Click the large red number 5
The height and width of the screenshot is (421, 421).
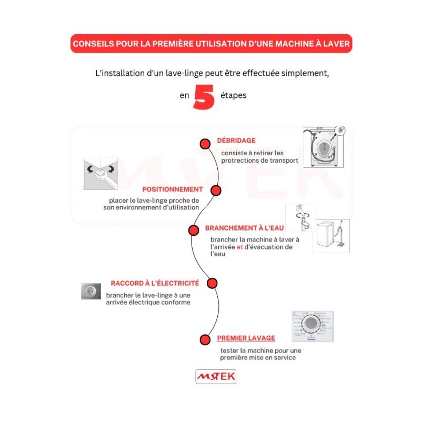click(x=204, y=97)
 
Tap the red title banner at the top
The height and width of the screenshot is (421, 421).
click(x=210, y=44)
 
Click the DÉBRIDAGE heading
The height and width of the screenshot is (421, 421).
click(x=236, y=141)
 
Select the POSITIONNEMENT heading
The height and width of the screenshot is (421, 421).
click(x=172, y=189)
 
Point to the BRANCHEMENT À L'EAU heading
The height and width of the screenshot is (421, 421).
click(x=244, y=228)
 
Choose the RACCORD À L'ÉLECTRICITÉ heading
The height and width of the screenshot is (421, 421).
click(x=155, y=283)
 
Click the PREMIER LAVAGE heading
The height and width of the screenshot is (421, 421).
click(x=246, y=338)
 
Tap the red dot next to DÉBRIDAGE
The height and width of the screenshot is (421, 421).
click(x=205, y=144)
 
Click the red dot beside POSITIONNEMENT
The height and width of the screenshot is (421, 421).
click(x=216, y=190)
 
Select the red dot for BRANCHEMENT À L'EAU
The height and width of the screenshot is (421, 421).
click(x=194, y=230)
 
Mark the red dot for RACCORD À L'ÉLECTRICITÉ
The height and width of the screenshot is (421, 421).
click(x=212, y=284)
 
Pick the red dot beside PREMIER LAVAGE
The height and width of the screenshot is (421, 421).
click(x=205, y=339)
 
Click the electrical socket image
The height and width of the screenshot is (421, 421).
click(x=91, y=291)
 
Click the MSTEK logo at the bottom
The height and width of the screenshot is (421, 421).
click(x=216, y=376)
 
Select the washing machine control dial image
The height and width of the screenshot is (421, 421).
click(x=312, y=326)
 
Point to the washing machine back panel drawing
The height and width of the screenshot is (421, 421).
click(x=323, y=147)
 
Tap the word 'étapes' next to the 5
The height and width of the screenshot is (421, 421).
click(x=234, y=96)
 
